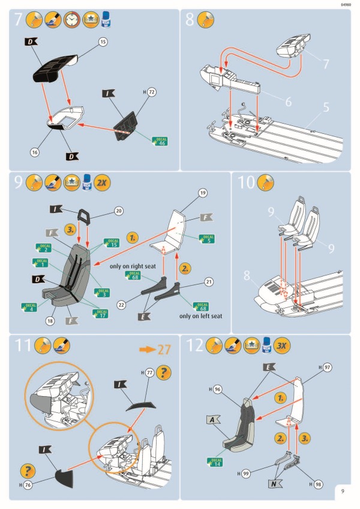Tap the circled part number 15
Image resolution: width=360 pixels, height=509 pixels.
pyautogui.click(x=103, y=41)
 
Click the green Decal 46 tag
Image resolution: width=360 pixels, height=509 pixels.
pyautogui.click(x=160, y=141)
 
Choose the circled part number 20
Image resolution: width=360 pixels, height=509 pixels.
pyautogui.click(x=119, y=211)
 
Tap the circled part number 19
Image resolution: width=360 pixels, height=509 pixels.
pyautogui.click(x=202, y=193)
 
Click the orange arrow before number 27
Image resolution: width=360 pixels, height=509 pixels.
pyautogui.click(x=148, y=349)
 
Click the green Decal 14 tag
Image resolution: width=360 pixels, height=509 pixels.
pyautogui.click(x=215, y=462)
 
